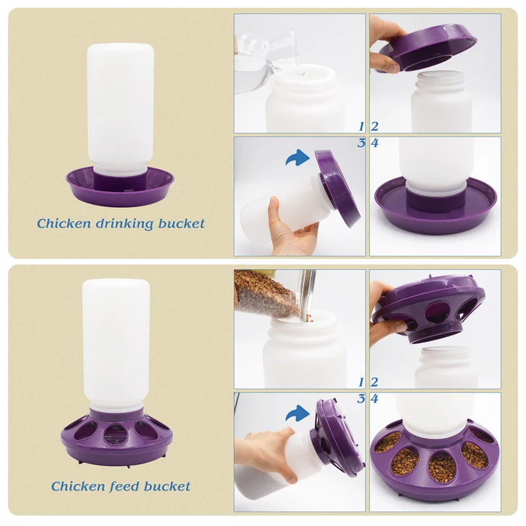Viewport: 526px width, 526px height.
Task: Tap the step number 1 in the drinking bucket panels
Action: [361, 126]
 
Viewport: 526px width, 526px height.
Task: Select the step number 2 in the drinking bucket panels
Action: [374, 126]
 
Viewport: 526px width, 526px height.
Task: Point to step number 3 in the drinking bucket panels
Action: [361, 143]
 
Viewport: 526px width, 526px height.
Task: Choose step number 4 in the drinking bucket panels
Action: [375, 143]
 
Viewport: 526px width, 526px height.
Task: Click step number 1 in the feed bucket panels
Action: [361, 382]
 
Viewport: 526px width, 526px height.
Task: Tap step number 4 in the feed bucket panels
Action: [375, 398]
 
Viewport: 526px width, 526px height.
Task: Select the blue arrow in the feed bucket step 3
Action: [297, 413]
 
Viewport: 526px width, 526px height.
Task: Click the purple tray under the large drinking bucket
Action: [120, 187]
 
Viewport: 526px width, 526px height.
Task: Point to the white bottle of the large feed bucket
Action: [116, 346]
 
